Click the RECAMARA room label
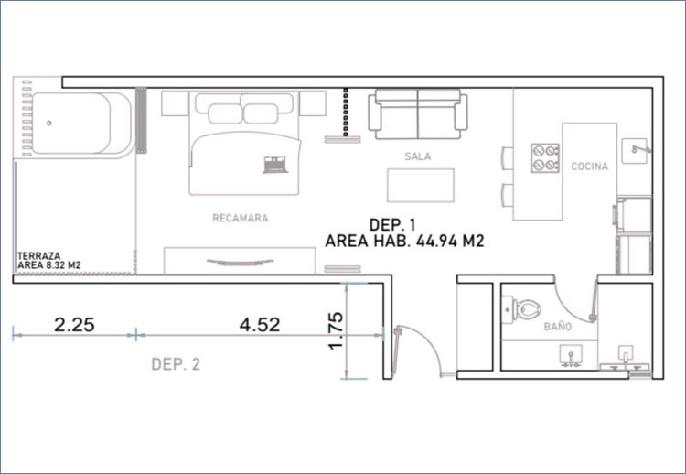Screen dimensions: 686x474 pos(241,218)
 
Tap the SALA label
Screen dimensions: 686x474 pos(418,156)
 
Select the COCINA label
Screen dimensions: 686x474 pos(590,167)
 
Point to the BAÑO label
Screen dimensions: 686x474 pos(558,326)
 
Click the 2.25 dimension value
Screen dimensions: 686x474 pos(74,325)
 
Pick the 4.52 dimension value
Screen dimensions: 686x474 pos(260,325)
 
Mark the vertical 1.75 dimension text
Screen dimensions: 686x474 pos(336,330)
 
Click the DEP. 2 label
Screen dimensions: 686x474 pos(176,364)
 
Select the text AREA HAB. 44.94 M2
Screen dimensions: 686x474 pos(404,242)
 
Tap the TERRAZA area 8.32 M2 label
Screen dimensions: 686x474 pos(48,261)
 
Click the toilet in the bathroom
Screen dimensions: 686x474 pos(521,309)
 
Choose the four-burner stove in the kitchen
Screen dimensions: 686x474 pos(545,158)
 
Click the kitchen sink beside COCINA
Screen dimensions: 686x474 pos(635,151)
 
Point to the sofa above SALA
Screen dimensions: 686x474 pos(418,114)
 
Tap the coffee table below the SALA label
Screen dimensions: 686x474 pos(421,185)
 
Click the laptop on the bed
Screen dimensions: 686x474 pos(274,165)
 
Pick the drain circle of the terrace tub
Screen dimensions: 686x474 pos(49,123)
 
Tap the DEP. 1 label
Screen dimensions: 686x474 pos(392,225)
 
